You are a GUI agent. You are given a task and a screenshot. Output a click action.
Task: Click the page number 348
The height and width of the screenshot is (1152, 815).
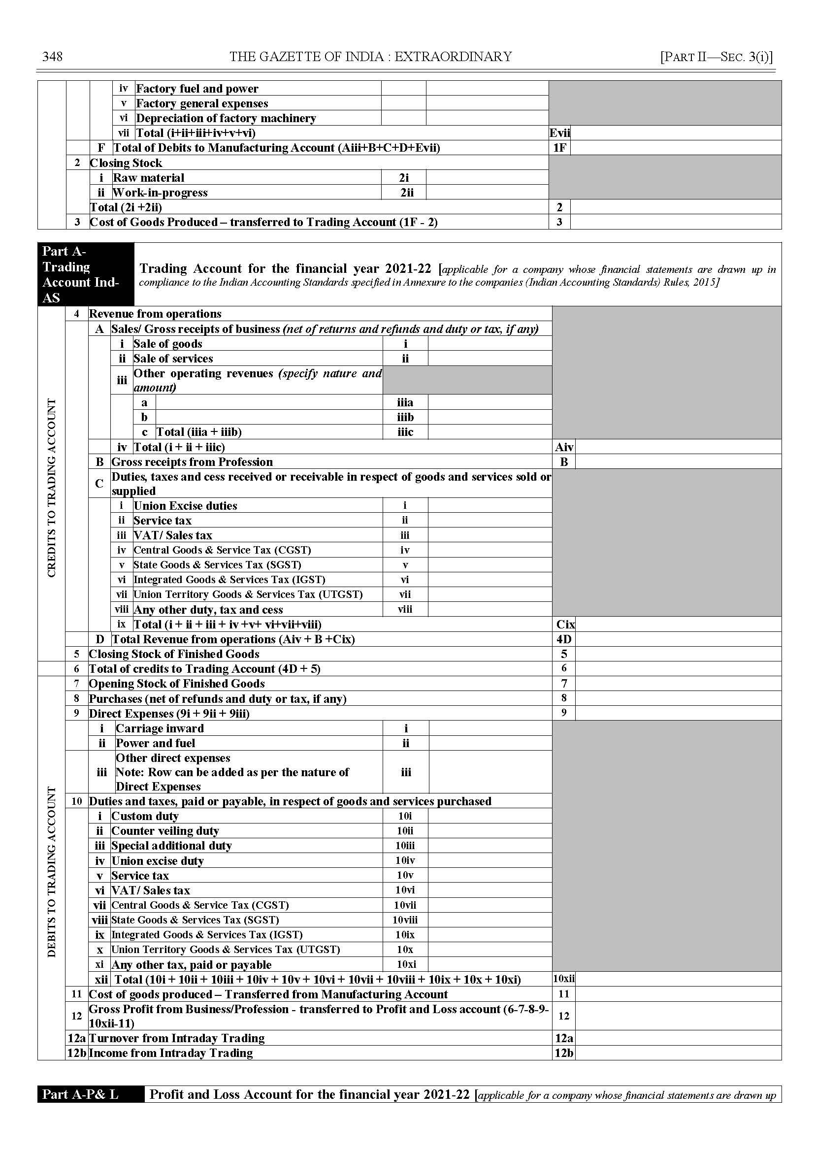click(53, 56)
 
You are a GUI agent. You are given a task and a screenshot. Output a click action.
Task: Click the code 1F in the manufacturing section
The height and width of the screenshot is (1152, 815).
click(559, 148)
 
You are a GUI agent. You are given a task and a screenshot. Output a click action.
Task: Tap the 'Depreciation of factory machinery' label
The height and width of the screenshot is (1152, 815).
click(226, 118)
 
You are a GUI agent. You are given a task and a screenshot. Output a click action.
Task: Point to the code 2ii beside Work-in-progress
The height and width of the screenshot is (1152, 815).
click(406, 192)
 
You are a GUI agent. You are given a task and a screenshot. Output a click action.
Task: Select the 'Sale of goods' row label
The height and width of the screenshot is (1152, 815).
click(167, 344)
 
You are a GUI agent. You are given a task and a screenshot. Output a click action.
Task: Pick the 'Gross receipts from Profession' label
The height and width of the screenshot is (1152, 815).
click(192, 462)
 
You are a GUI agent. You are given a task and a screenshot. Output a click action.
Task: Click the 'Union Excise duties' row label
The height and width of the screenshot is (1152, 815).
click(185, 505)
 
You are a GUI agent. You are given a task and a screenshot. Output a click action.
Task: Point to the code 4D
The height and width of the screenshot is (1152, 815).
click(563, 639)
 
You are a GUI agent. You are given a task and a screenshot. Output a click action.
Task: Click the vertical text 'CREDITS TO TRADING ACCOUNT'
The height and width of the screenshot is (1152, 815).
click(51, 488)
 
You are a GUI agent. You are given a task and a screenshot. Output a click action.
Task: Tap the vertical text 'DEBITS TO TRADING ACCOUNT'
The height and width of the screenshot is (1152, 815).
click(51, 872)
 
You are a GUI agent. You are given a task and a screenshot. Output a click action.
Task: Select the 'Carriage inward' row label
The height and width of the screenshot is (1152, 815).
click(160, 728)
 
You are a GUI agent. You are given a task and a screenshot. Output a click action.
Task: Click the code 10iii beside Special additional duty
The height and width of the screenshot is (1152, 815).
click(405, 846)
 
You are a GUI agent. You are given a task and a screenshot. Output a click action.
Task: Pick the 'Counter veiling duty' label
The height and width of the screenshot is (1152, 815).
click(164, 831)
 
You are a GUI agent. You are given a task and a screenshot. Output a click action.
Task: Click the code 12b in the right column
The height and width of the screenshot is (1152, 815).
click(563, 1053)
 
